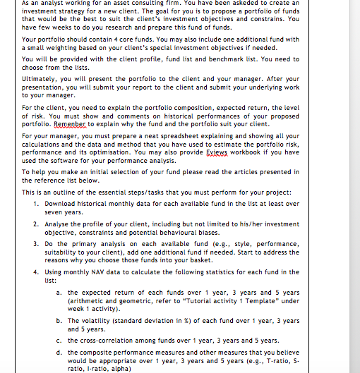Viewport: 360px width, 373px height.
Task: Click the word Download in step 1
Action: click(61, 203)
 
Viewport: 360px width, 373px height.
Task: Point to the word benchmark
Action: click(238, 59)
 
